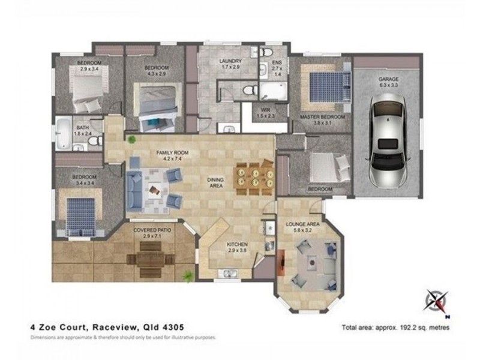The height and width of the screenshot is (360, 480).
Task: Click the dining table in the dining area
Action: click(x=254, y=178)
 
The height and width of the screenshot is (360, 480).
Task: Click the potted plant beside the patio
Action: click(x=188, y=276)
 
